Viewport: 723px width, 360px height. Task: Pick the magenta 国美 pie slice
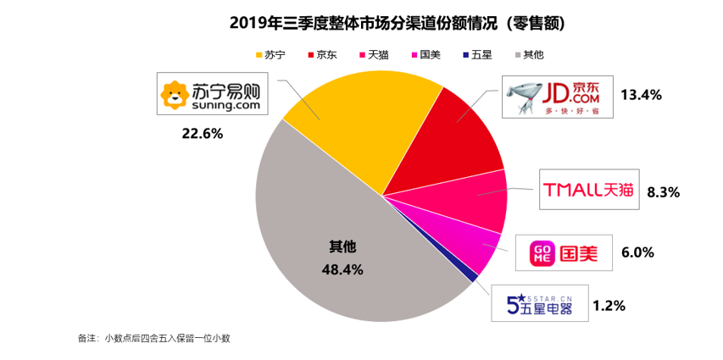tap(475, 246)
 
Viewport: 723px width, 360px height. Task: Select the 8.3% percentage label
tap(663, 192)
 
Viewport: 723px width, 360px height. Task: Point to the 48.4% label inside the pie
tap(342, 269)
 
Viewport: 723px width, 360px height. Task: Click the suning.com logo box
tap(214, 95)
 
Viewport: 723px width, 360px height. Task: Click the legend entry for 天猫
tap(373, 55)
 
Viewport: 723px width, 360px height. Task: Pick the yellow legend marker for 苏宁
tap(258, 55)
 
